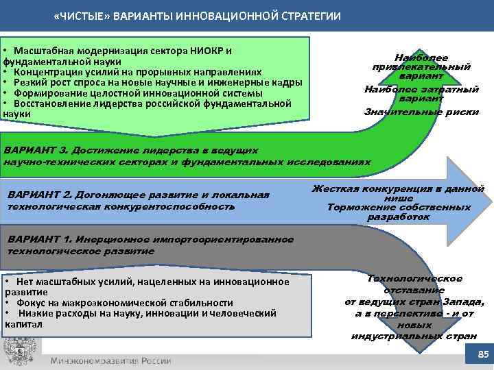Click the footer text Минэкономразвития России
tap(110, 360)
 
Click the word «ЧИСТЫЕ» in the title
tap(79, 16)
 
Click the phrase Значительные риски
tap(421, 112)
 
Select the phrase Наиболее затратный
tap(421, 89)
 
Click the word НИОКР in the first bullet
tap(211, 51)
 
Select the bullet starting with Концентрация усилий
tap(137, 72)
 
